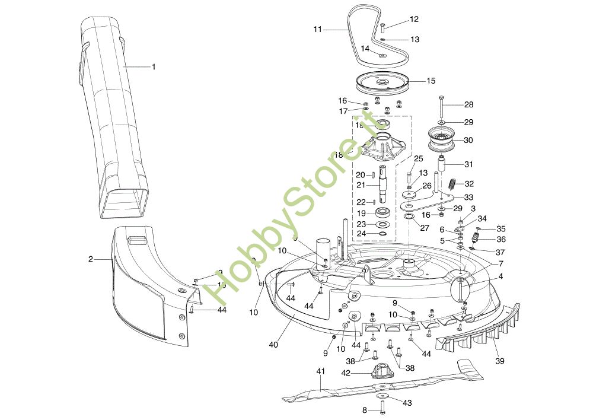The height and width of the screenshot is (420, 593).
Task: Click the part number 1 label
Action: (x=154, y=67)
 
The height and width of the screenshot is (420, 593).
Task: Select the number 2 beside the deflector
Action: (x=91, y=259)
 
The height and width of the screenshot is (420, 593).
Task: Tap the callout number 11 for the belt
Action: (x=318, y=28)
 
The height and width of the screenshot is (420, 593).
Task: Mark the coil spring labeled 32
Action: (x=451, y=184)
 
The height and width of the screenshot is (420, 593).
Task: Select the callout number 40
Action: (x=273, y=345)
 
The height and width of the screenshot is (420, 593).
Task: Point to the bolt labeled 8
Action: (x=380, y=409)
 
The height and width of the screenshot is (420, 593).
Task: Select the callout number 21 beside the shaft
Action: (x=360, y=185)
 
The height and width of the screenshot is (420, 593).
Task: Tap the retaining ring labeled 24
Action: (x=381, y=234)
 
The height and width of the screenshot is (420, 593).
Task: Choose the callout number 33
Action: (x=468, y=197)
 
